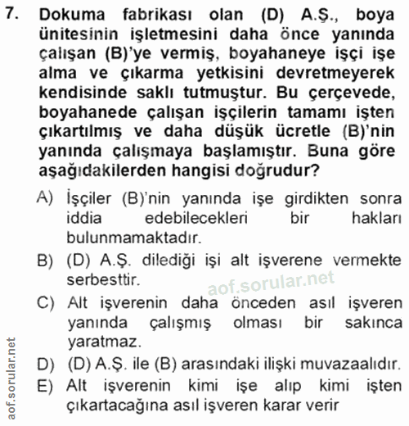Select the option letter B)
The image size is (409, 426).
coord(45,261)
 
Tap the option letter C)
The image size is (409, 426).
coord(45,302)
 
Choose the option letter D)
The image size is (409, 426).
coord(45,364)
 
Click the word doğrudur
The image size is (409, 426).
coord(274,170)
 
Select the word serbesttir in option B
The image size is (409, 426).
coord(105,280)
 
